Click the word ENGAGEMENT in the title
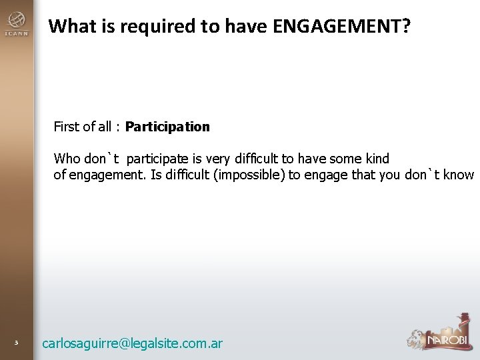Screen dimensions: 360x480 pos(333,27)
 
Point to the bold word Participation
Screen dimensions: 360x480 pos(167,127)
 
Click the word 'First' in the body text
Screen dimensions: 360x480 pos(66,127)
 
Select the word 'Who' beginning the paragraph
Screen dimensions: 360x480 pos(67,159)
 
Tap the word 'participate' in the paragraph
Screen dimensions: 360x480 pos(158,159)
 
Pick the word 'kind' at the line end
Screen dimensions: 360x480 pos(377,159)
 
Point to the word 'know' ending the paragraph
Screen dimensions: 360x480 pos(459,175)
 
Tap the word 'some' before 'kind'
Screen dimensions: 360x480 pos(347,159)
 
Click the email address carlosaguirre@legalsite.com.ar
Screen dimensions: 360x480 pos(132,344)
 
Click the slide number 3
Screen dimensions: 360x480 pos(17,343)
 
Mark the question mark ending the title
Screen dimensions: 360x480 pos(406,27)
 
